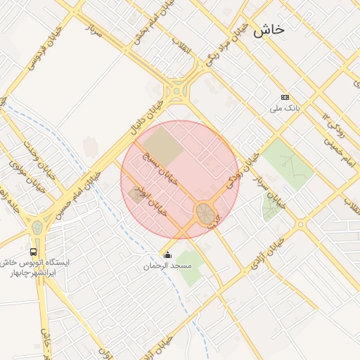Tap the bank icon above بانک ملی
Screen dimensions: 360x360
click(285, 97)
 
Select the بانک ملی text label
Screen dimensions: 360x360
click(285, 109)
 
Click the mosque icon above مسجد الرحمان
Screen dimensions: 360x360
click(167, 255)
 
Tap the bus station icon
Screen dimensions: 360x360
click(34, 251)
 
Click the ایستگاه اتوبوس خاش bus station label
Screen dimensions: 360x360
click(39, 262)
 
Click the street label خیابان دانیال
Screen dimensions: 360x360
click(146, 117)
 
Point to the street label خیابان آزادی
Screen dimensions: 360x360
click(266, 253)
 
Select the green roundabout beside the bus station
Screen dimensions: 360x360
click(37, 228)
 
